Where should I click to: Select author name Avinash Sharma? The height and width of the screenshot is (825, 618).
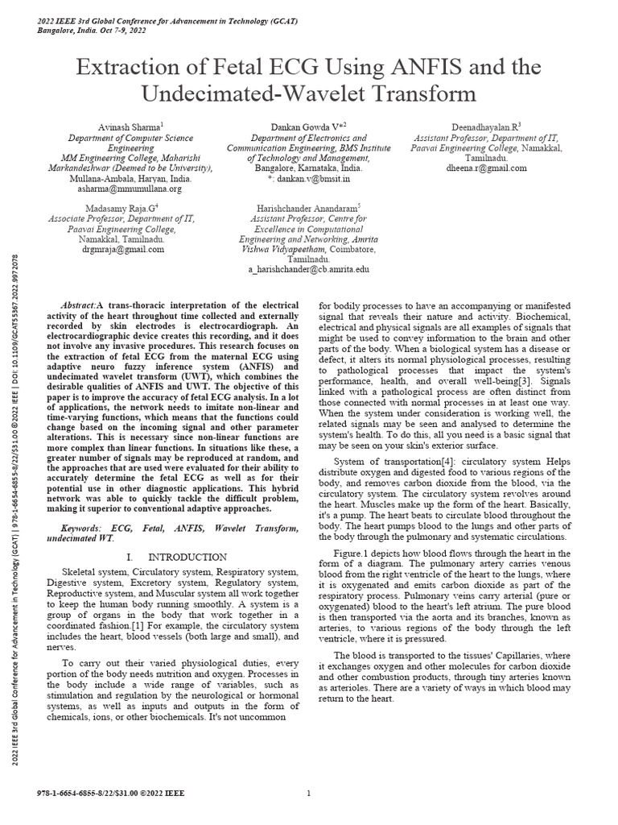coord(122,126)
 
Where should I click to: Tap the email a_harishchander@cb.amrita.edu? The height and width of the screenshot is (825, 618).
coord(309,272)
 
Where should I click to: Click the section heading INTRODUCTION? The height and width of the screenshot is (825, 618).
coord(179,558)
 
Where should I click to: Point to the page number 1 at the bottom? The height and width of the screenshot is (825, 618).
coord(309,794)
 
